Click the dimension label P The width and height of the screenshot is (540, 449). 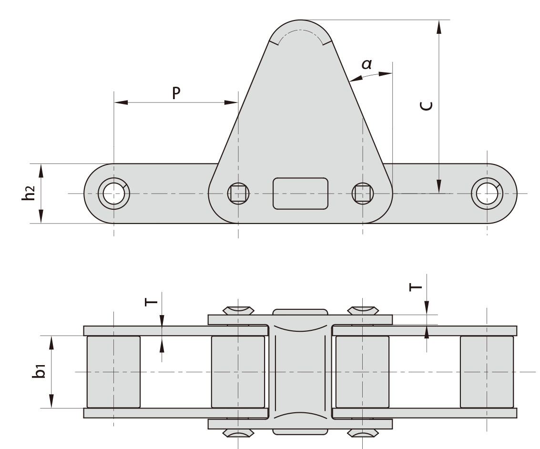(x=176, y=93)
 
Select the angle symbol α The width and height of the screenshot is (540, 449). (x=367, y=64)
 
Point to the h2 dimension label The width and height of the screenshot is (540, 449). (x=30, y=194)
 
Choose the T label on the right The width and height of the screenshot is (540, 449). (x=416, y=286)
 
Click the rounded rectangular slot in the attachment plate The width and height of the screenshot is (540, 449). (x=300, y=194)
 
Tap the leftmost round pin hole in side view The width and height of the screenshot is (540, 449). (x=113, y=194)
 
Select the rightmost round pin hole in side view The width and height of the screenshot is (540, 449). (x=487, y=194)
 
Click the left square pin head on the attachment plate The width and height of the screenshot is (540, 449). (x=238, y=194)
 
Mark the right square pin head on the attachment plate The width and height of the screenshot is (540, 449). (x=363, y=194)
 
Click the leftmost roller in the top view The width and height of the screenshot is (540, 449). (x=113, y=372)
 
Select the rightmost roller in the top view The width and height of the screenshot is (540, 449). (x=487, y=372)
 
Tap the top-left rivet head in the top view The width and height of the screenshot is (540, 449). (x=238, y=310)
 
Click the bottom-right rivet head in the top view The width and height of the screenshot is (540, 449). (x=363, y=433)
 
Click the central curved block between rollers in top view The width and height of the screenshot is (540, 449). (x=300, y=372)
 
